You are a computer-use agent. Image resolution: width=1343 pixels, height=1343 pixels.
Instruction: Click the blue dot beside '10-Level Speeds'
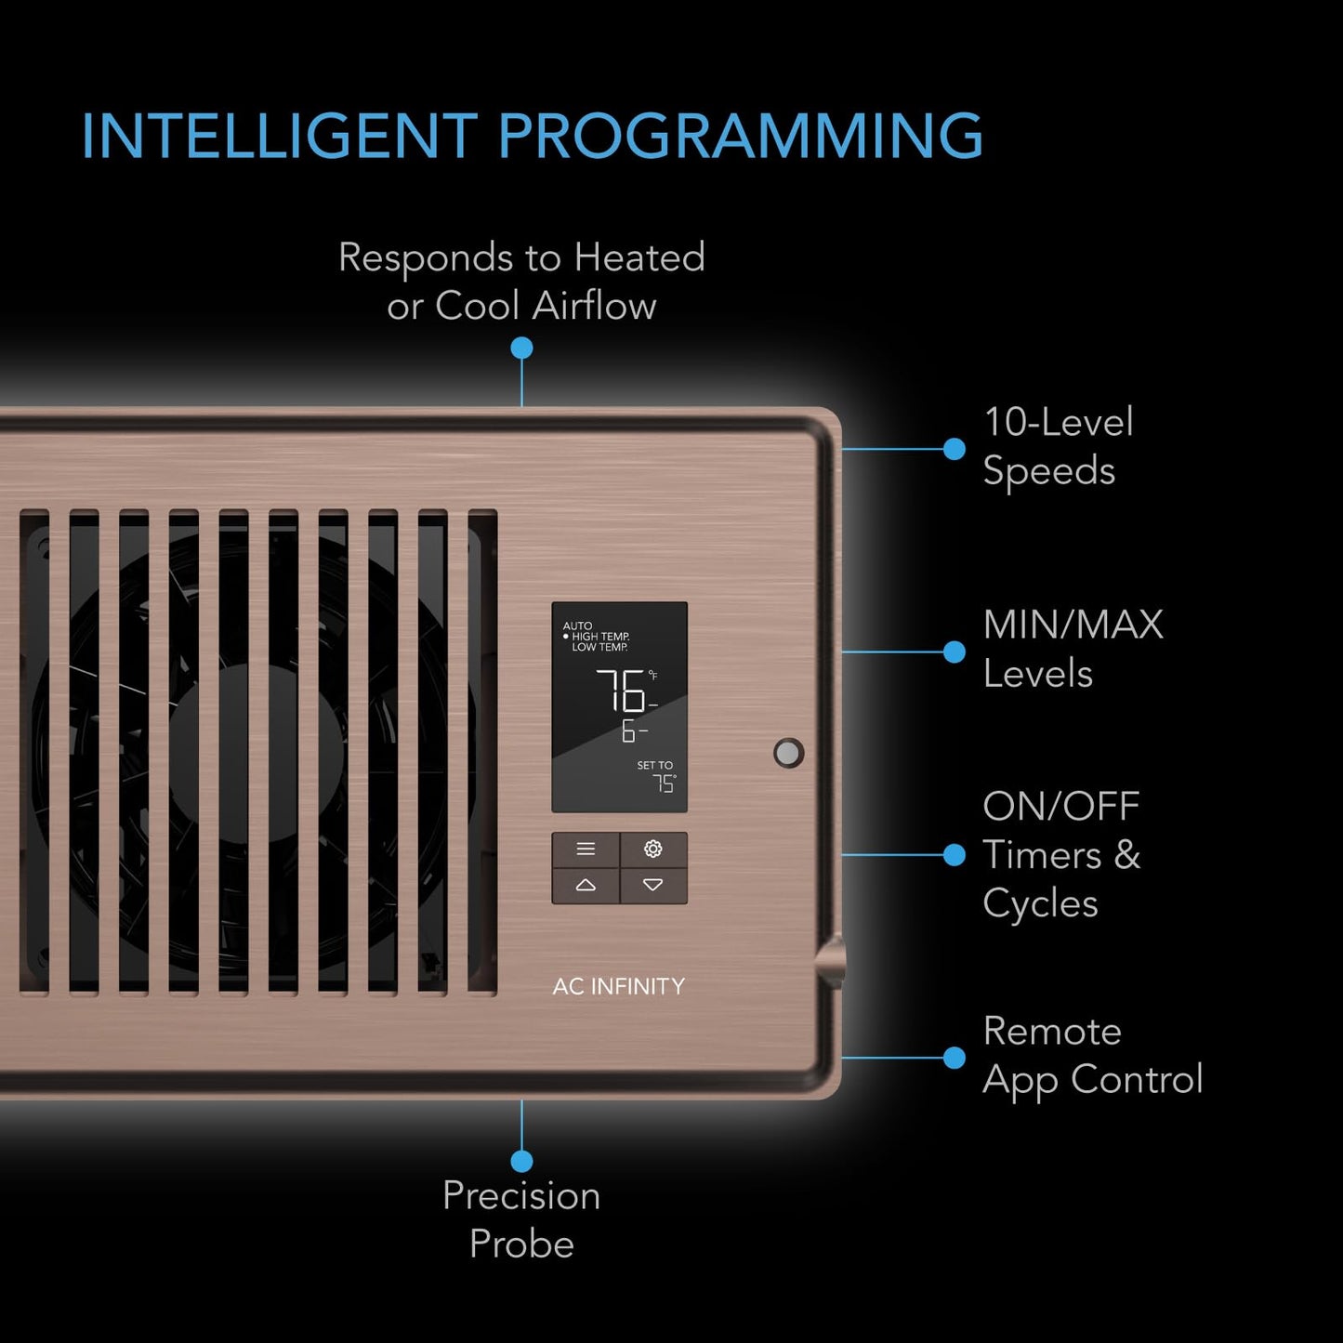(x=955, y=449)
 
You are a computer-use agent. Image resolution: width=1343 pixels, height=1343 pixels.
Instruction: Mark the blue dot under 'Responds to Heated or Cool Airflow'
(x=522, y=348)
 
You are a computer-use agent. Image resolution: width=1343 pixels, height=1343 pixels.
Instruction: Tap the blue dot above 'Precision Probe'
(x=522, y=1161)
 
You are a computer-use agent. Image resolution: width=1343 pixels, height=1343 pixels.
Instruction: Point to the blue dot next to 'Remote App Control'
(x=955, y=1058)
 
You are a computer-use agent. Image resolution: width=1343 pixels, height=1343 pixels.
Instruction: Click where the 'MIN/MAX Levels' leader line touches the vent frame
(x=843, y=652)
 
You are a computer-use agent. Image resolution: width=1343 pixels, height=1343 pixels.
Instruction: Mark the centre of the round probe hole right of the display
(x=789, y=753)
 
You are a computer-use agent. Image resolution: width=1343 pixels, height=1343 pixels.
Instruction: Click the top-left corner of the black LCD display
(x=552, y=602)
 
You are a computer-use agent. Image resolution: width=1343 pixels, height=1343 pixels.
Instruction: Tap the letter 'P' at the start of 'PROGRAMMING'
(x=516, y=135)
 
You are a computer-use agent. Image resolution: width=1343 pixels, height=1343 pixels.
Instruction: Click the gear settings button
(x=653, y=849)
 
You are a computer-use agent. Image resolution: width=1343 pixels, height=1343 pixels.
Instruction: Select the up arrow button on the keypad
(x=586, y=885)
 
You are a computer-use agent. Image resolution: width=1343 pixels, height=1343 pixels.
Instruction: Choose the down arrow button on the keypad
(x=653, y=885)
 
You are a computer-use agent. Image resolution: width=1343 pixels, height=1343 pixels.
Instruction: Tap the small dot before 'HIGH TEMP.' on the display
(x=566, y=637)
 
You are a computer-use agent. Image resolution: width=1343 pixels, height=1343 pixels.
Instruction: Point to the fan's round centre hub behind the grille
(x=257, y=753)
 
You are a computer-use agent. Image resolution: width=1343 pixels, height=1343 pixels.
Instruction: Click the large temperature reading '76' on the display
(x=620, y=690)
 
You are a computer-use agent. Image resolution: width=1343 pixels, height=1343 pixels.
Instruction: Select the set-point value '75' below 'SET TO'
(x=665, y=784)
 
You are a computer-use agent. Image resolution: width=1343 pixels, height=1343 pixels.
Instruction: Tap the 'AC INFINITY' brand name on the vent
(x=619, y=986)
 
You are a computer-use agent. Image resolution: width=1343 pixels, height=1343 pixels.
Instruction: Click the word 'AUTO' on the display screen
(x=577, y=625)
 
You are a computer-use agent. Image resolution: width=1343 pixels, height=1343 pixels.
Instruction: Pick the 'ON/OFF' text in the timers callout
(x=1060, y=807)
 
